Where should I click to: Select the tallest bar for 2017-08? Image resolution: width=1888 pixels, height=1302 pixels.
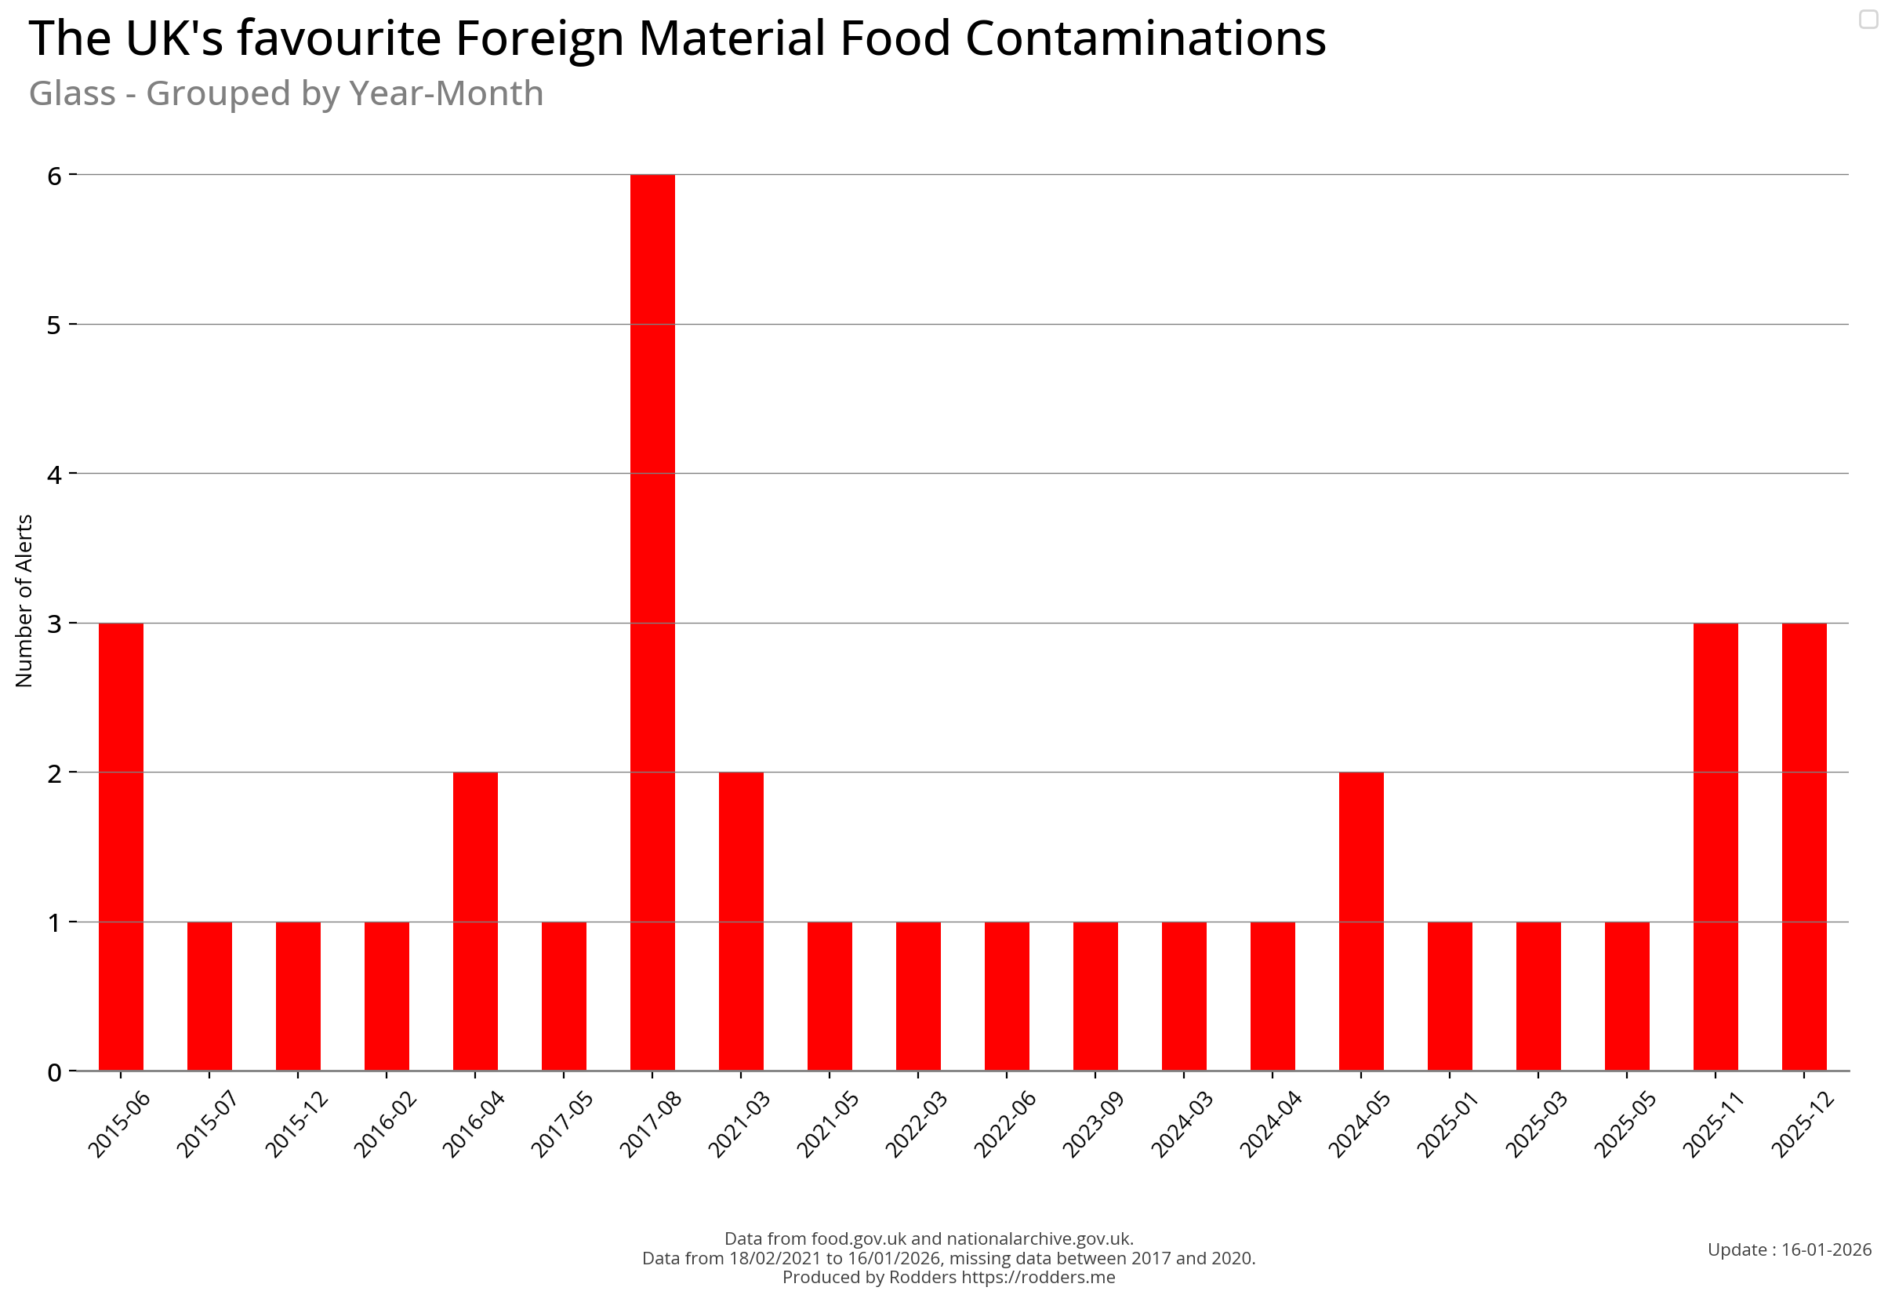tap(652, 622)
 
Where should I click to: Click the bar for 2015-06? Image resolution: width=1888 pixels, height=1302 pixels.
tap(121, 846)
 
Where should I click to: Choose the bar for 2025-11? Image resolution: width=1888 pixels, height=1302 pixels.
tap(1715, 846)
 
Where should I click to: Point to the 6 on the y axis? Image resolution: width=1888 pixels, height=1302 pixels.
tap(55, 176)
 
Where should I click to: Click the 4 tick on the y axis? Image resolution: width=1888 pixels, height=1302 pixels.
tap(55, 474)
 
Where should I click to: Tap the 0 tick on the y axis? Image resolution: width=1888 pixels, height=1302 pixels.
tap(55, 1072)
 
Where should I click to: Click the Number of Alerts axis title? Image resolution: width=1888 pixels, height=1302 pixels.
tap(24, 601)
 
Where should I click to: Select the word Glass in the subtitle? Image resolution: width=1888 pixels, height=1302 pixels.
tap(72, 94)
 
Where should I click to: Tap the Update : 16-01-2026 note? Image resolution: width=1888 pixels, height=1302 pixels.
tap(1788, 1249)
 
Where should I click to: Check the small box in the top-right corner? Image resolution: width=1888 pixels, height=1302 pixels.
tap(1868, 19)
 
